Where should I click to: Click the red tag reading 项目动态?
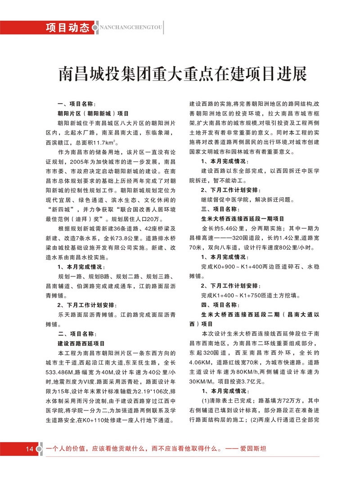click(x=68, y=27)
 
